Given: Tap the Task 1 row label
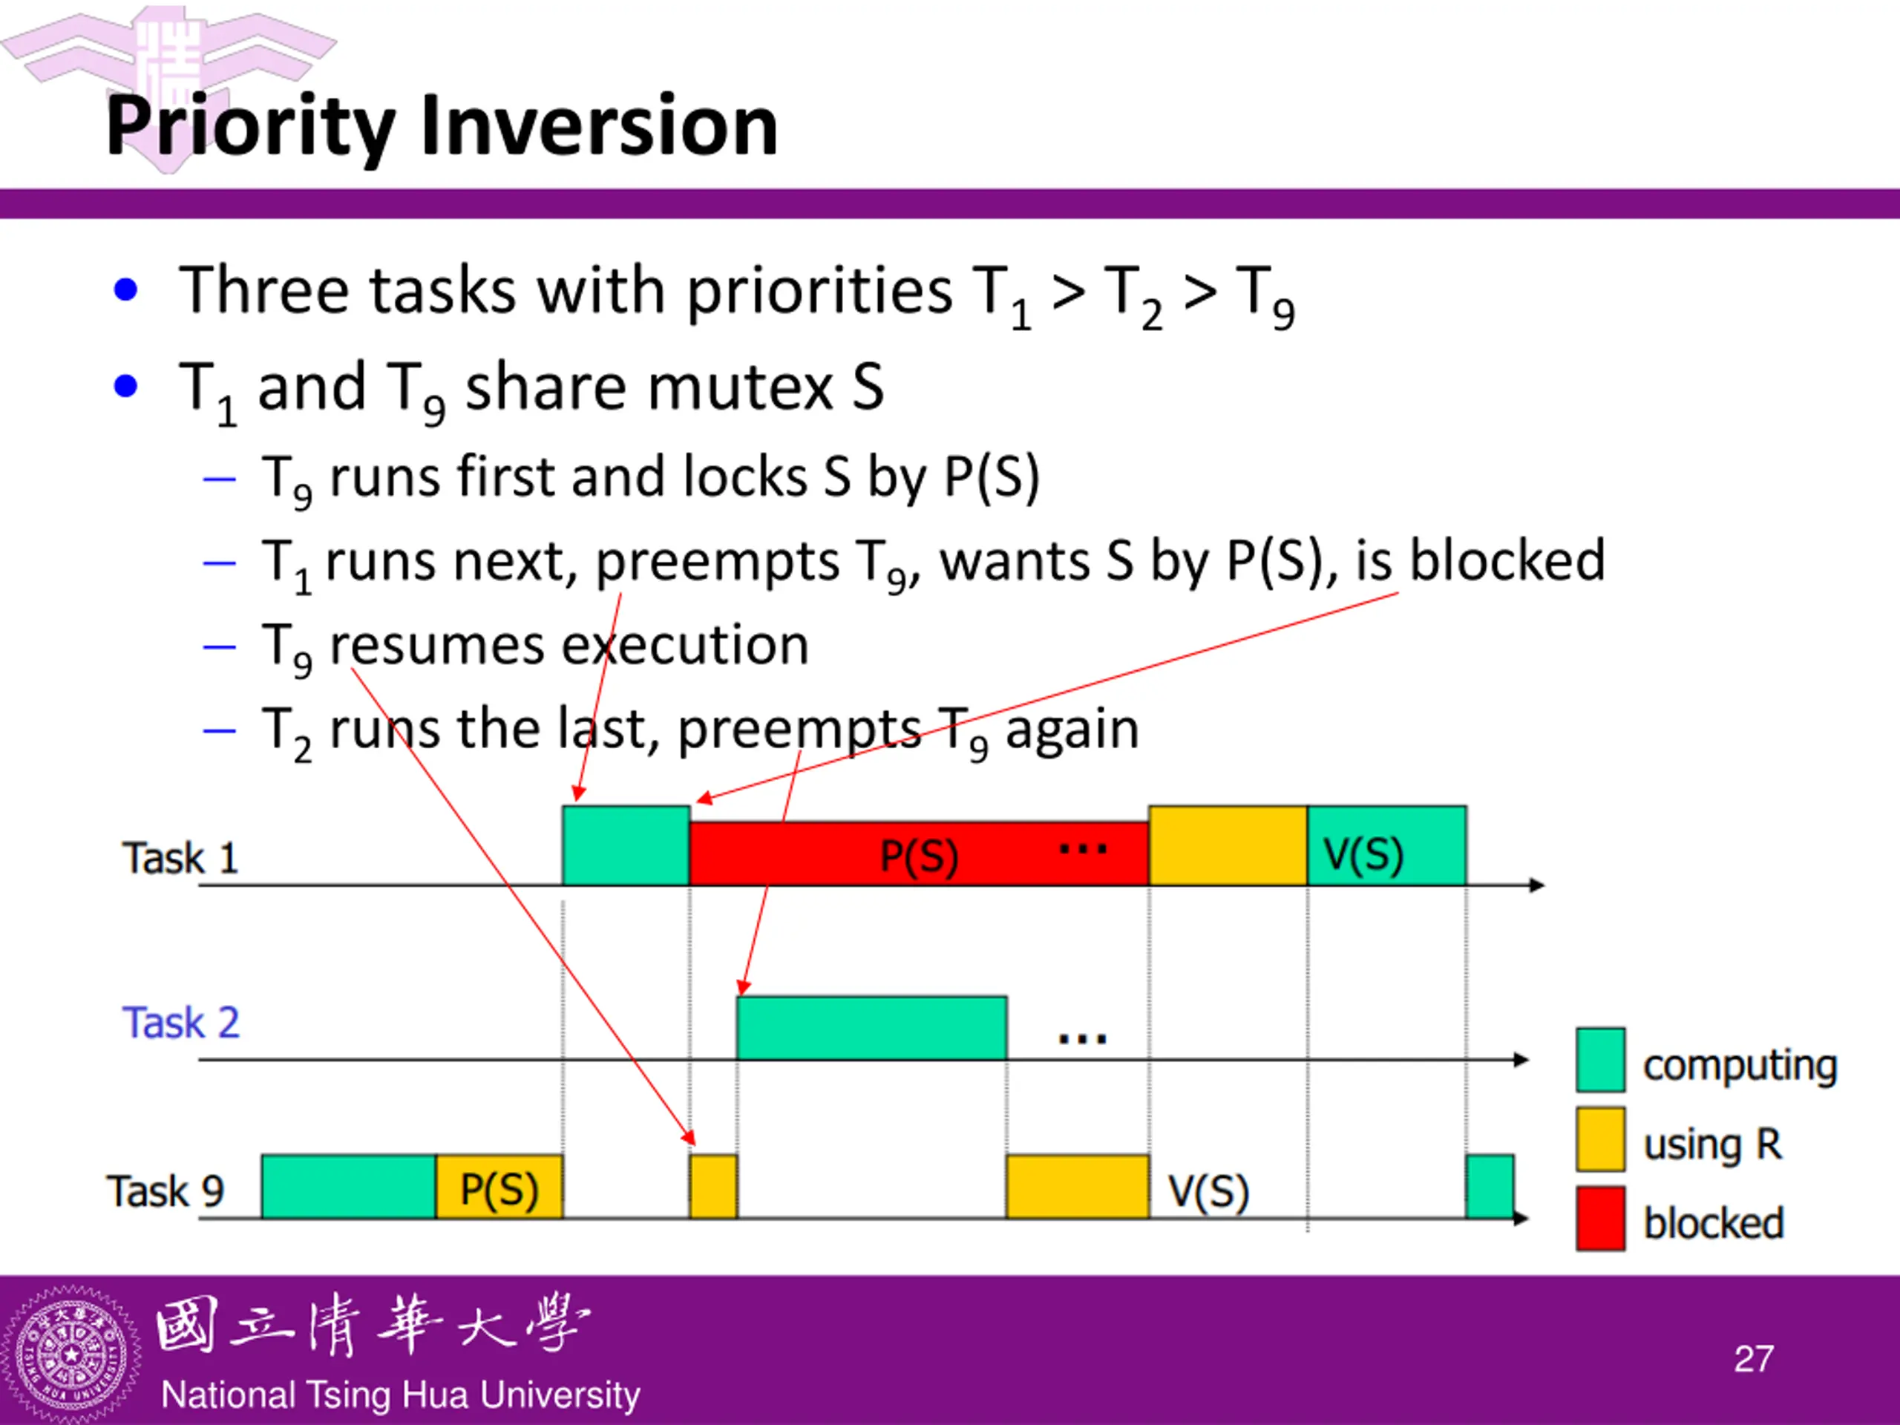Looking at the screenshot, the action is [x=180, y=858].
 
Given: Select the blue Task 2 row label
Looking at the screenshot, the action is [x=180, y=1023].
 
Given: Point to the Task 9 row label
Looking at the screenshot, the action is [x=165, y=1191].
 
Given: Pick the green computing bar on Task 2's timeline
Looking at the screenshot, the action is [x=871, y=1027].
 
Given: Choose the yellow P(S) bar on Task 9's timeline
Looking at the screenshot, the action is [x=499, y=1187].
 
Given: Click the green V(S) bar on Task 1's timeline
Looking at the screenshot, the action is [x=1386, y=846].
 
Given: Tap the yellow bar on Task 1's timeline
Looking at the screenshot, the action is [x=1228, y=846].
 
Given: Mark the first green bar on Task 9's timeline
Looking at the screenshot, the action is [x=349, y=1187].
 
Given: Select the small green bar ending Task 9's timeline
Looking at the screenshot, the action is [x=1490, y=1187].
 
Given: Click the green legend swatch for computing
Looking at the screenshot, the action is [x=1599, y=1060].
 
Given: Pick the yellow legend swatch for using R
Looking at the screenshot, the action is [x=1599, y=1140].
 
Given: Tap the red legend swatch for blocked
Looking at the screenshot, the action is [x=1599, y=1218].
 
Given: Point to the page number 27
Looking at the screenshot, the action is [x=1753, y=1360].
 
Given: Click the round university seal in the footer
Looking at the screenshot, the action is [x=71, y=1356].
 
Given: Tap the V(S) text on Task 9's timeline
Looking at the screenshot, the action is [x=1208, y=1192].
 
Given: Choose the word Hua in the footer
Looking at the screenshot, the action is [x=443, y=1395].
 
